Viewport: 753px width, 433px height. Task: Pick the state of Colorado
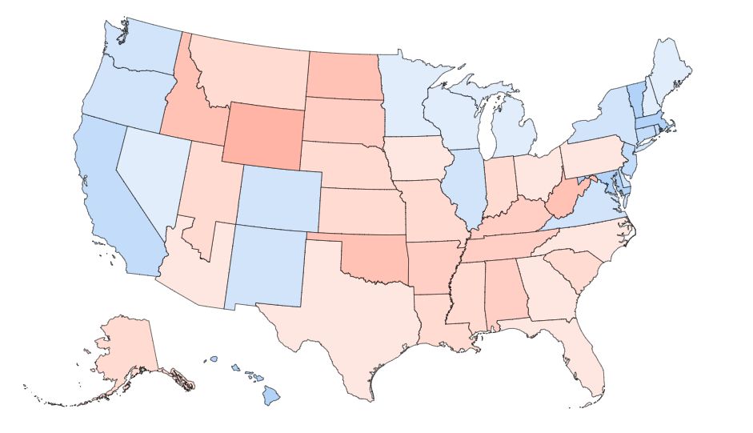(x=280, y=197)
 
